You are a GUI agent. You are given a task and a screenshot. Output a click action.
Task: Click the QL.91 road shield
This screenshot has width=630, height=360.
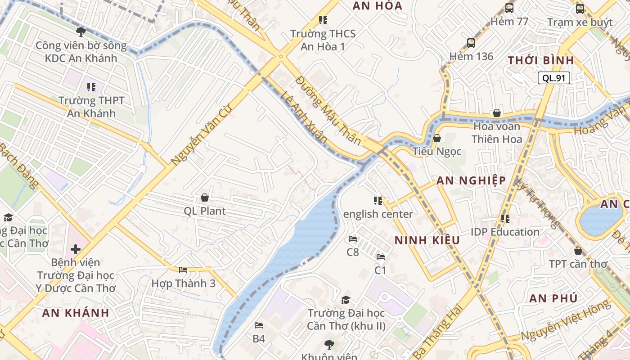click(x=553, y=78)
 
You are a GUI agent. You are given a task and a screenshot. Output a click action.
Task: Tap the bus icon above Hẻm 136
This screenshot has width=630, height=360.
click(x=471, y=43)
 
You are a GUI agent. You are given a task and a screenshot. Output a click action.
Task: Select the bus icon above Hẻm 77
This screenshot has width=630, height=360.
click(x=509, y=8)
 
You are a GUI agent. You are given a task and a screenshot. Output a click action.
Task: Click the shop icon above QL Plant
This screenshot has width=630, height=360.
click(x=205, y=198)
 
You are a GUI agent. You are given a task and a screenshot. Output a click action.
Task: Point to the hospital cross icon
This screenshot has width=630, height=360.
click(x=76, y=249)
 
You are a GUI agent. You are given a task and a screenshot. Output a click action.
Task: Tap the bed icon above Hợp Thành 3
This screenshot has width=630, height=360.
click(x=183, y=270)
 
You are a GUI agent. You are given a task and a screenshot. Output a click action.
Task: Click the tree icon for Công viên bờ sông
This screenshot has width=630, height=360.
click(x=81, y=31)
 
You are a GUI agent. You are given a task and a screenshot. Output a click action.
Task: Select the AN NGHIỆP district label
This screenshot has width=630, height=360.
click(x=471, y=181)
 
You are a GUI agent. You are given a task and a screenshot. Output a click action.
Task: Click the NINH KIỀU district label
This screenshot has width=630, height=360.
click(x=427, y=240)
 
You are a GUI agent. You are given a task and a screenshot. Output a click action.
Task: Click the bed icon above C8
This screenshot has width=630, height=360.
click(x=353, y=238)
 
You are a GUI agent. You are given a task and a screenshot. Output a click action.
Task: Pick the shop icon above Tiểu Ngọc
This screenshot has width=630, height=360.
click(x=436, y=138)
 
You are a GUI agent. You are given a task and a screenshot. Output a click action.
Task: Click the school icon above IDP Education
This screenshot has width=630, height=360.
click(x=505, y=219)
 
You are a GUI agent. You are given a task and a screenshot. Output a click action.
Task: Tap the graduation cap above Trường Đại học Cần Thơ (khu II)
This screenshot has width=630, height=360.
click(x=346, y=300)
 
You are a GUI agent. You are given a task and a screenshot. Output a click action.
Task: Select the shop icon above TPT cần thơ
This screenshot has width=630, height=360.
click(x=578, y=251)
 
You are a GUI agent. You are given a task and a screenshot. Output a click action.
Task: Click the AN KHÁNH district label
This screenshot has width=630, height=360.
click(x=76, y=313)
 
